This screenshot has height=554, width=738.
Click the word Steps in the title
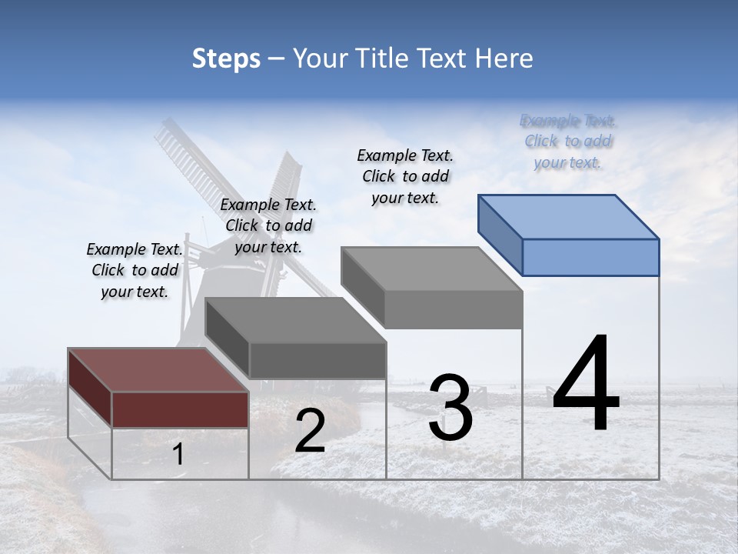click(x=225, y=58)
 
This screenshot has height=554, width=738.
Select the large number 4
click(x=587, y=385)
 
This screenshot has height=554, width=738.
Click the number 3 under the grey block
click(x=450, y=408)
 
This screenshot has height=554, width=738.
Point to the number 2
click(x=310, y=431)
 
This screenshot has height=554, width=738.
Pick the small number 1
click(x=178, y=455)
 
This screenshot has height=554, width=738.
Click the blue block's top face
click(x=569, y=217)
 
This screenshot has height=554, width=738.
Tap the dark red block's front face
click(x=180, y=409)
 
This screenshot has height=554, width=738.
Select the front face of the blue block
click(x=590, y=257)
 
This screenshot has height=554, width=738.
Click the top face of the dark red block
click(x=158, y=370)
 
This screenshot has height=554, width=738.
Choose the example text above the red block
click(x=135, y=270)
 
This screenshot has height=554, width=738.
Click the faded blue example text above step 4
click(x=568, y=141)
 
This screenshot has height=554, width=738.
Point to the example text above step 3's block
click(x=405, y=176)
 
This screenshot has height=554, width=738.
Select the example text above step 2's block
click(x=268, y=225)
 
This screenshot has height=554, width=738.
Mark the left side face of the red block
click(x=90, y=387)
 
